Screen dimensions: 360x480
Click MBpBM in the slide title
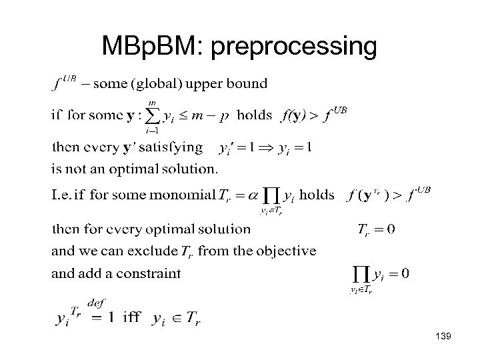(x=153, y=46)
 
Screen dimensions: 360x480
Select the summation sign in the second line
(x=153, y=116)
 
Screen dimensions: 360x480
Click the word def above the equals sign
(x=96, y=303)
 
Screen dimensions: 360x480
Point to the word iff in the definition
(x=131, y=319)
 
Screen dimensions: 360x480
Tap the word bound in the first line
(x=249, y=83)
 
